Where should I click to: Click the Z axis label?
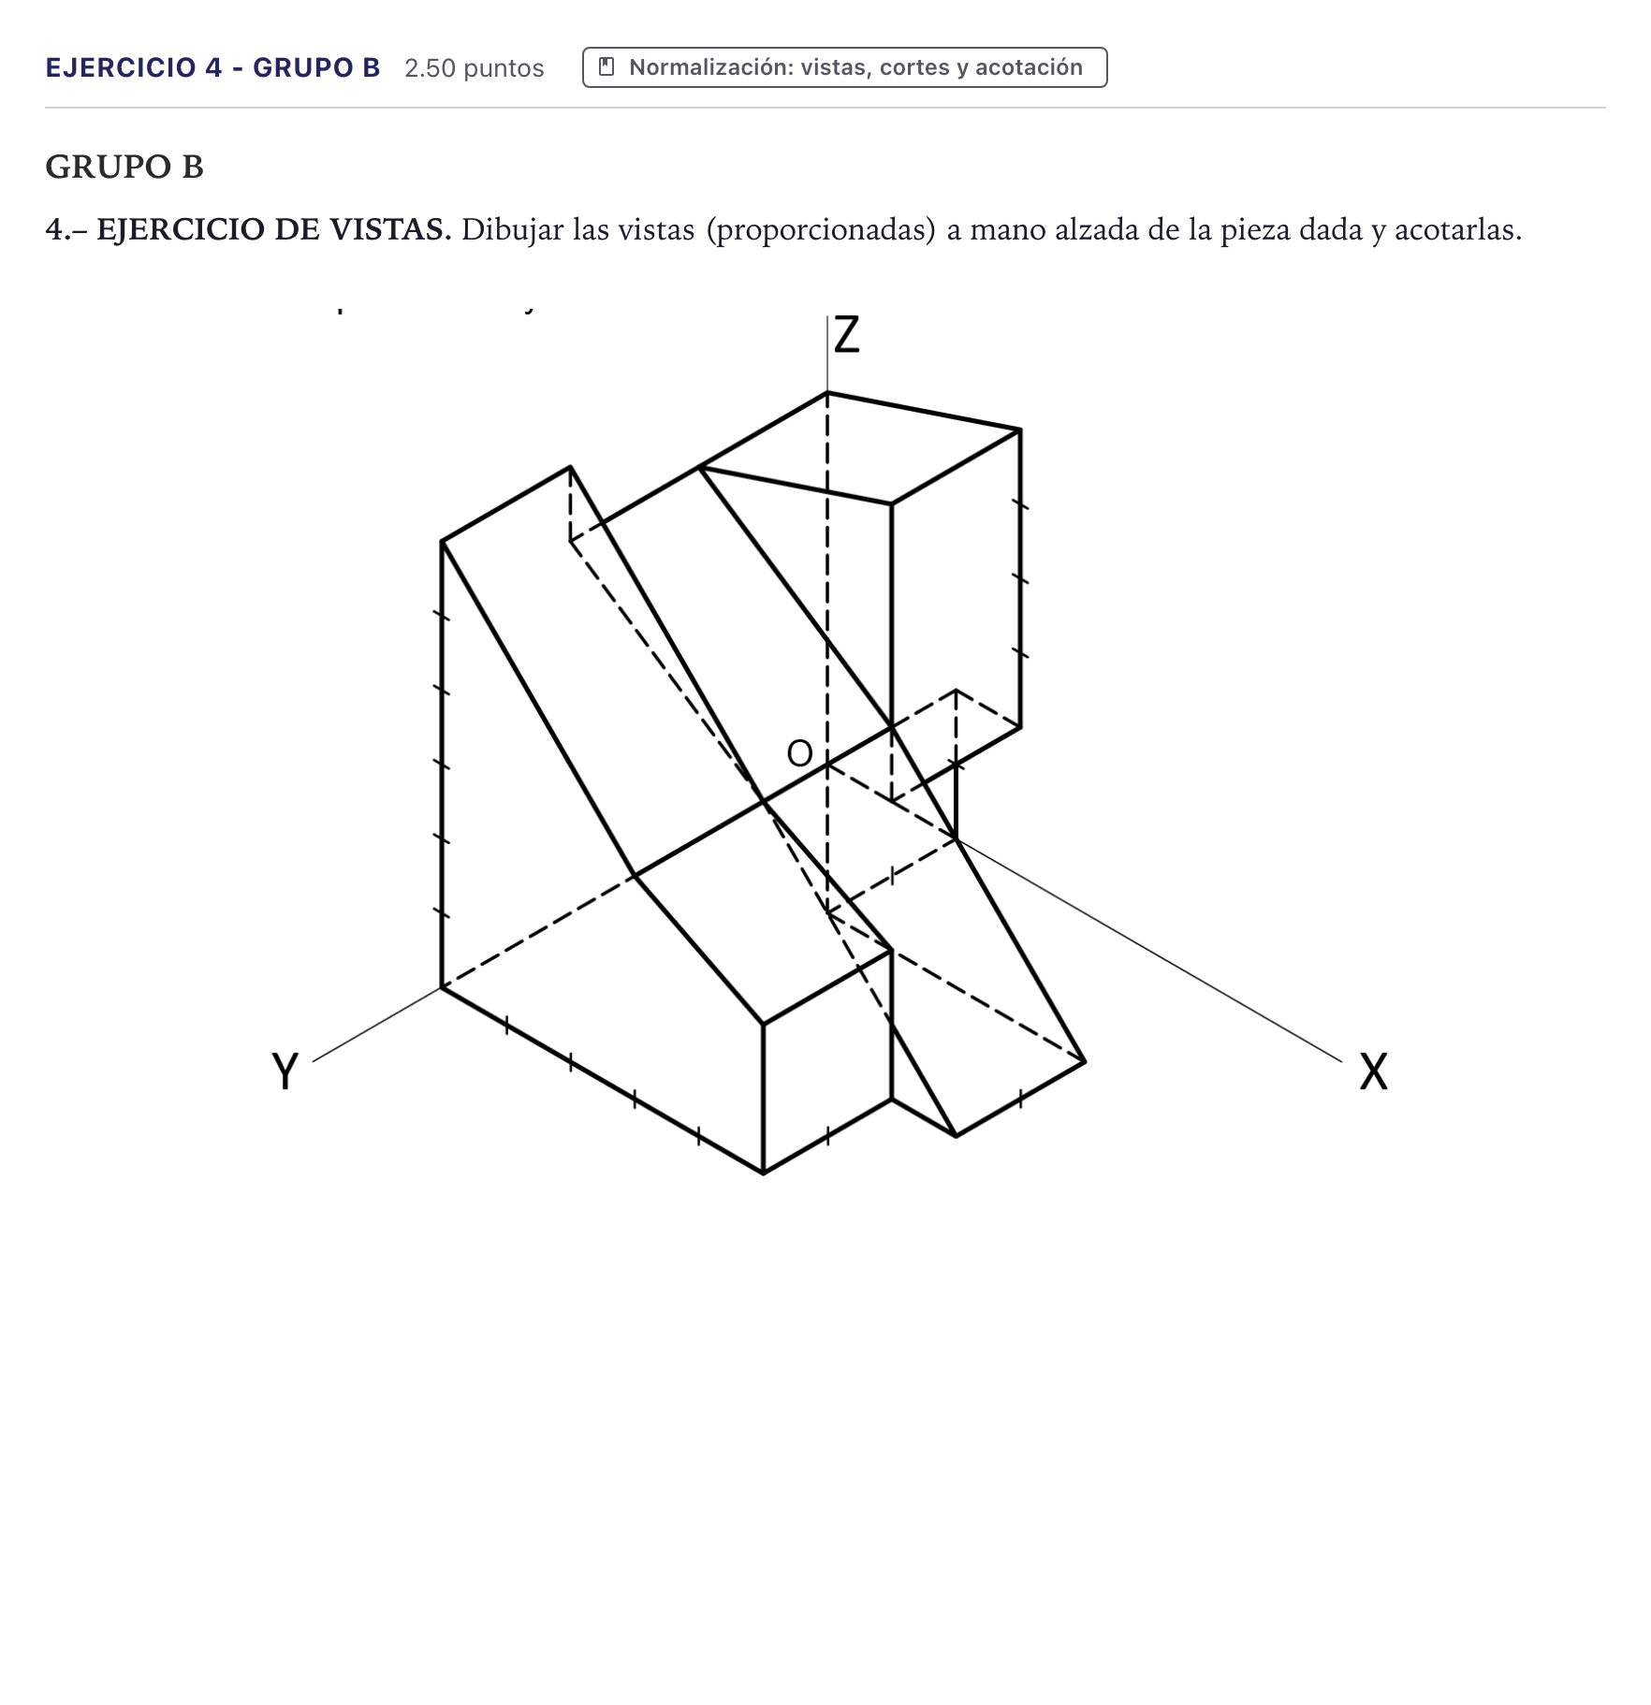pyautogui.click(x=846, y=334)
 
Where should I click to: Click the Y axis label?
pyautogui.click(x=285, y=1071)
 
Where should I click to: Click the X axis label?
pyautogui.click(x=1373, y=1071)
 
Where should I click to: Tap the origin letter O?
pyautogui.click(x=799, y=753)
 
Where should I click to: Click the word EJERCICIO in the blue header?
pyautogui.click(x=121, y=67)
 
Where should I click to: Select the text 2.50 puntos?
pyautogui.click(x=475, y=68)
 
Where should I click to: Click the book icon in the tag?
pyautogui.click(x=606, y=66)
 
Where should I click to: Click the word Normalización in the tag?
pyautogui.click(x=711, y=67)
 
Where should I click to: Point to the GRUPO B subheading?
pyautogui.click(x=124, y=167)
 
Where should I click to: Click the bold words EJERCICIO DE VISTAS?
pyautogui.click(x=274, y=229)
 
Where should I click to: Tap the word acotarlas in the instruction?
pyautogui.click(x=1458, y=229)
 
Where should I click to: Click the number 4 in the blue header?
pyautogui.click(x=214, y=67)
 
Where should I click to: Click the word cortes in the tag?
pyautogui.click(x=913, y=67)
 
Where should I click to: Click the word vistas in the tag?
pyautogui.click(x=836, y=67)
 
